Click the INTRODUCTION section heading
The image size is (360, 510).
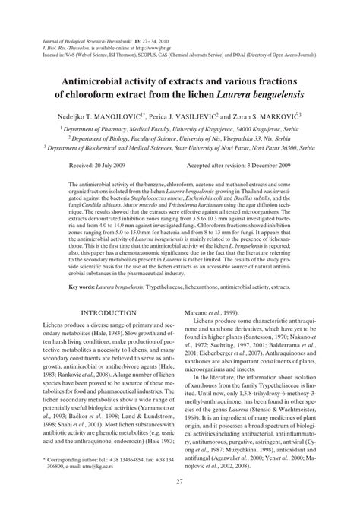point(112,270)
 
